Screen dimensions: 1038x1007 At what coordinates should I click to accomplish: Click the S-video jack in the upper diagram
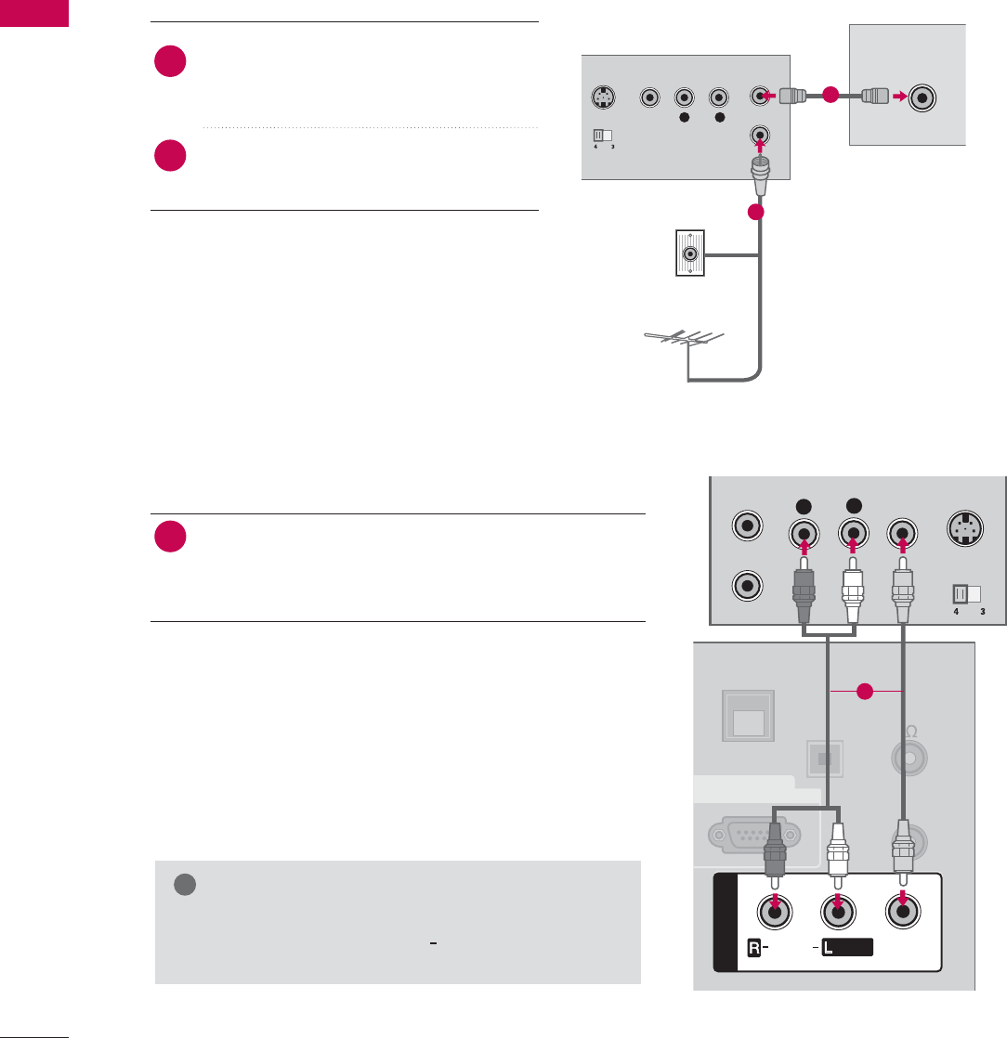[605, 97]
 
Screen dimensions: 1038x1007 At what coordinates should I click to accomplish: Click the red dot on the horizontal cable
[830, 95]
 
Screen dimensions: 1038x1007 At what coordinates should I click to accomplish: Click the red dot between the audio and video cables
[866, 690]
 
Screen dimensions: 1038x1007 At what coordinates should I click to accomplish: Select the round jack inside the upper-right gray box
[924, 96]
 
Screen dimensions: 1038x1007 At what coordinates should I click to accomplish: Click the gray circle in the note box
[183, 886]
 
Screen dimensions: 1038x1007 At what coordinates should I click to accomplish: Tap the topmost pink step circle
[171, 62]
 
